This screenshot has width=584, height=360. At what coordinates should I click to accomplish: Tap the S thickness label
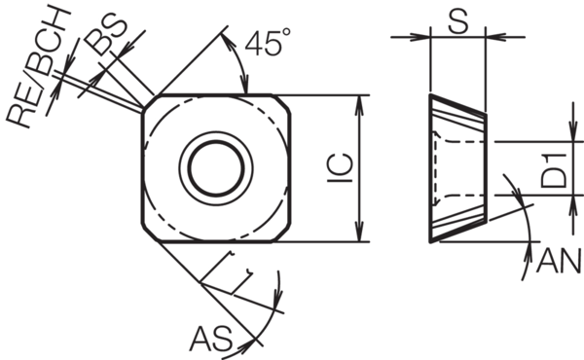pyautogui.click(x=457, y=20)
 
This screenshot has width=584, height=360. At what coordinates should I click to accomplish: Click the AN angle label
pyautogui.click(x=559, y=261)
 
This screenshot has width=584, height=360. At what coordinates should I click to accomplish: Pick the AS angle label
pyautogui.click(x=211, y=339)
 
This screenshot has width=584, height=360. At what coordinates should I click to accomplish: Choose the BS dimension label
pyautogui.click(x=105, y=35)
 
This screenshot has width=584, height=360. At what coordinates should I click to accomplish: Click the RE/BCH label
pyautogui.click(x=38, y=66)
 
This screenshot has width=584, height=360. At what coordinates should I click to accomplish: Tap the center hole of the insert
pyautogui.click(x=216, y=168)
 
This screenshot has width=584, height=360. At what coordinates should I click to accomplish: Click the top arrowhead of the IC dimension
pyautogui.click(x=358, y=104)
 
